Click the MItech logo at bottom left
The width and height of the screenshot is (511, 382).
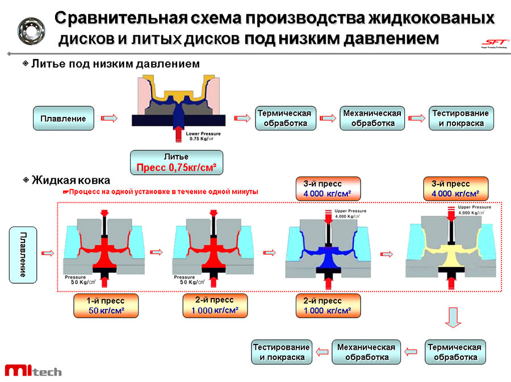click(33, 370)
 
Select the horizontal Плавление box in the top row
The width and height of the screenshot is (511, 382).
click(63, 118)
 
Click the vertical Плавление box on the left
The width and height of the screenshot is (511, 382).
click(23, 254)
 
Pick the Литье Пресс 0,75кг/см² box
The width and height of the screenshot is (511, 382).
click(177, 162)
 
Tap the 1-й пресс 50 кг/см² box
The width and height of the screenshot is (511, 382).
click(106, 305)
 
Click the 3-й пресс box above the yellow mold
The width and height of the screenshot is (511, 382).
click(455, 189)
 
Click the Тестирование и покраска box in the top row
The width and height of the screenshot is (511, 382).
click(460, 118)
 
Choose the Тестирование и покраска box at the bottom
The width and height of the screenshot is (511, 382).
click(282, 352)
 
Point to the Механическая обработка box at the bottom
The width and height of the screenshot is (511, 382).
click(366, 352)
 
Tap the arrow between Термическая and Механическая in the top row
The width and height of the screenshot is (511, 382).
click(328, 118)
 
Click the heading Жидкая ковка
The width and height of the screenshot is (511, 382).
click(70, 180)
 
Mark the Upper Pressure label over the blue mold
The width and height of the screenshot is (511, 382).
click(351, 213)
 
